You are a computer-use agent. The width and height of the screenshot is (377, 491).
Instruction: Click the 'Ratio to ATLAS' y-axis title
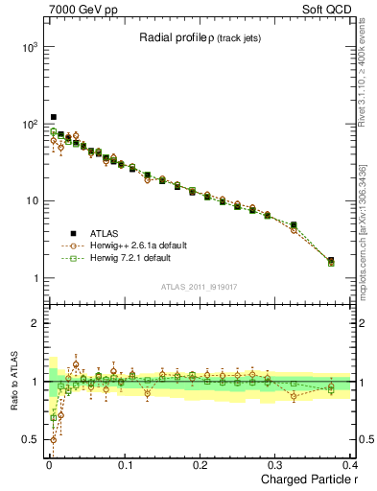click(14, 381)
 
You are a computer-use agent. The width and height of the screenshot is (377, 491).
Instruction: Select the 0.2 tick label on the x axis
click(200, 464)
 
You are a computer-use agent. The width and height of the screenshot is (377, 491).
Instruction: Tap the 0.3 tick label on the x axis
click(275, 464)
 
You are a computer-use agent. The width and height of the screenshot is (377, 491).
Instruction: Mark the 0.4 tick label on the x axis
click(350, 464)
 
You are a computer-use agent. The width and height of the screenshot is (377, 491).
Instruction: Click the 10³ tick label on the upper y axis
click(29, 47)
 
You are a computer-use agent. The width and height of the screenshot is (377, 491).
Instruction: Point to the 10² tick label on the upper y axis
click(29, 125)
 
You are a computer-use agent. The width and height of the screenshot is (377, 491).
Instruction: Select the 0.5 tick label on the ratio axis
click(30, 440)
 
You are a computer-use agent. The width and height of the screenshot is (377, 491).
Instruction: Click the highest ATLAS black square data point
click(54, 118)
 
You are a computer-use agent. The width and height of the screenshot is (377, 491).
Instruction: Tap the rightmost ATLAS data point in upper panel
click(331, 260)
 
